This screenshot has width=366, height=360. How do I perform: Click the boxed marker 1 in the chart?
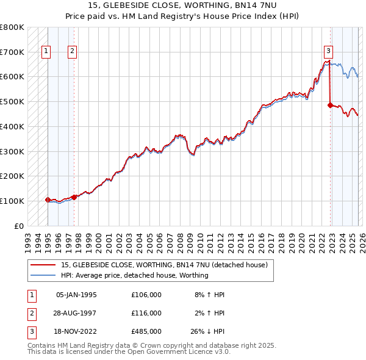(x=46, y=52)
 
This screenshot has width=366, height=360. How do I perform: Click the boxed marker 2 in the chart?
(x=72, y=52)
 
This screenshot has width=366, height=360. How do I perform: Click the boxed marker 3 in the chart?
(x=328, y=52)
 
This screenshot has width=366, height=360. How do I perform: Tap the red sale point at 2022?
(x=330, y=105)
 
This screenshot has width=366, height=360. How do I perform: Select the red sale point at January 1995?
(x=48, y=200)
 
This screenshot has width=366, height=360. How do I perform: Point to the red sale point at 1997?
(x=74, y=197)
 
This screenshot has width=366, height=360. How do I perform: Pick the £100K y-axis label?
(x=12, y=201)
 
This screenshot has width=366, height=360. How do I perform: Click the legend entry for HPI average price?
(x=135, y=275)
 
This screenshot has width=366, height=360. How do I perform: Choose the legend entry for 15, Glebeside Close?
(x=165, y=265)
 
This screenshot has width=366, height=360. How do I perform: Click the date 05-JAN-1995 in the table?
(x=76, y=294)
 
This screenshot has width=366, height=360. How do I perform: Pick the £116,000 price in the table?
(x=146, y=312)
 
